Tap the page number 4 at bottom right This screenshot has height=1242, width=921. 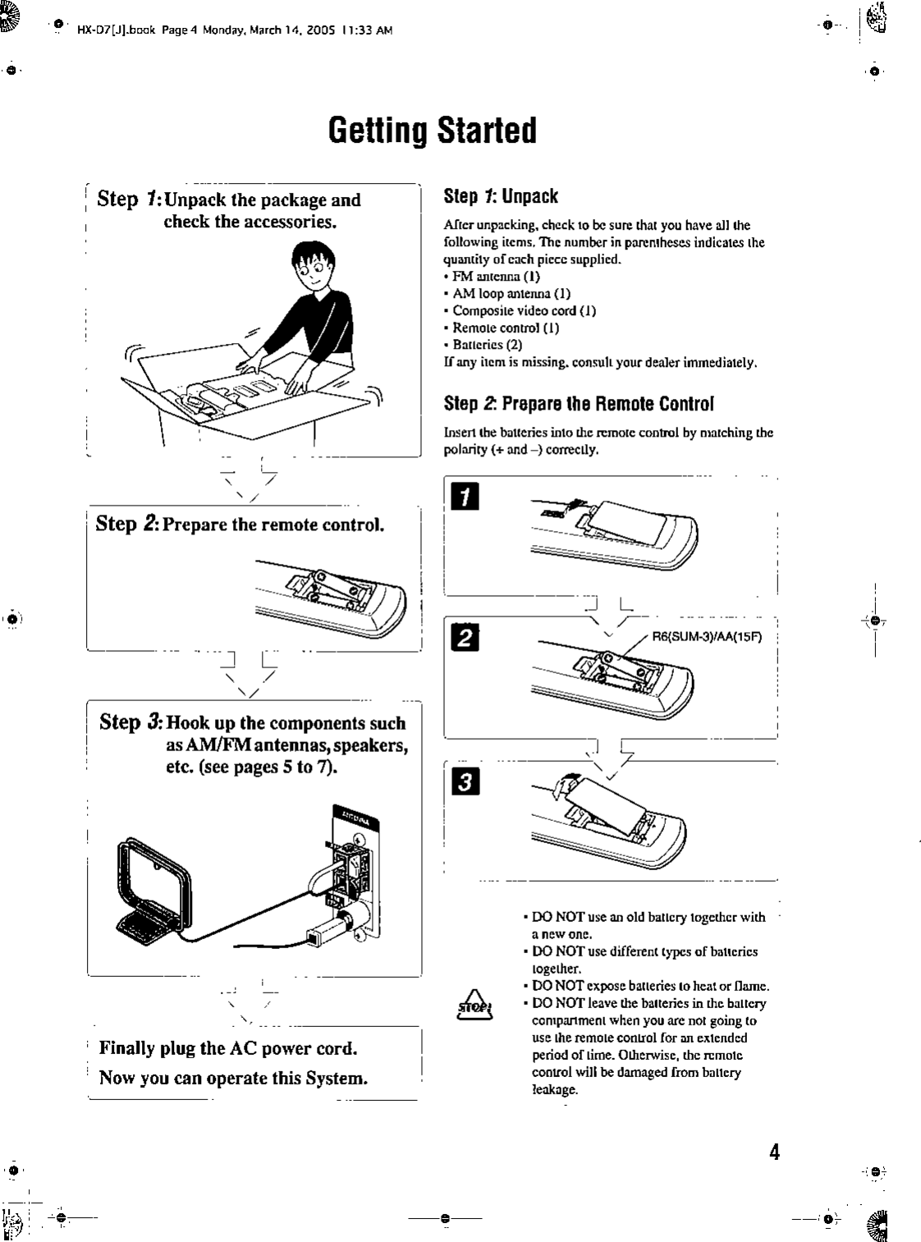(x=773, y=1152)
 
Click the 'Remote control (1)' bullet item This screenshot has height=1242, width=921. (x=506, y=328)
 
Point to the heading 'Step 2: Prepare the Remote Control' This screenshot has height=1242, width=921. (x=579, y=404)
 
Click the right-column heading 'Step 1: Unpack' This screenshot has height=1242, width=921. (x=501, y=197)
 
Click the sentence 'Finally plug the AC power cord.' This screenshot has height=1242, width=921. (x=228, y=1048)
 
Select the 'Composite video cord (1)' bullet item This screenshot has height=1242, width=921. (x=524, y=310)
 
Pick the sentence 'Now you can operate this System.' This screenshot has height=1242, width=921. (x=233, y=1078)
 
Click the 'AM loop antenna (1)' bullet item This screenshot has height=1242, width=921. (x=511, y=293)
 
